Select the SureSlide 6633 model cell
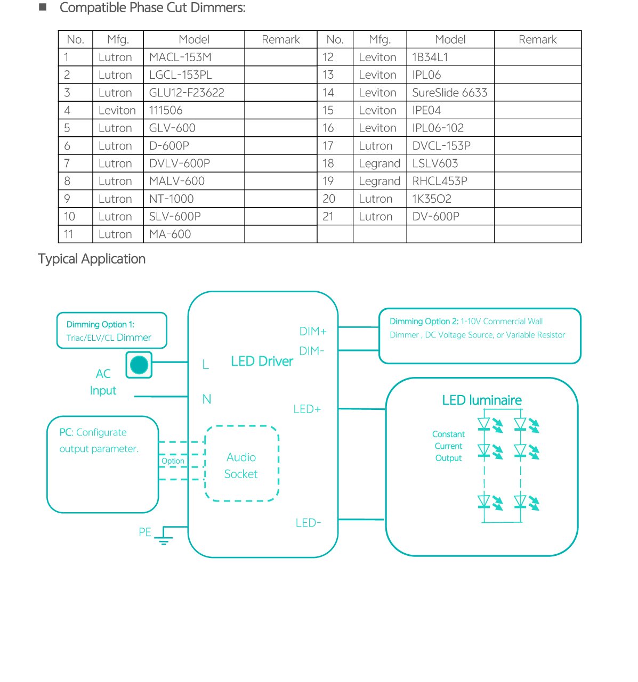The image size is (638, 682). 449,93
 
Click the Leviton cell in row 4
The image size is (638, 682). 117,110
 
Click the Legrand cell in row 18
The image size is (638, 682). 379,163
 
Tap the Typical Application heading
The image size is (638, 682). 92,259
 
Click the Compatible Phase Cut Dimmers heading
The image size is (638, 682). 152,8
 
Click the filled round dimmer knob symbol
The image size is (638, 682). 139,365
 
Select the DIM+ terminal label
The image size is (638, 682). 313,331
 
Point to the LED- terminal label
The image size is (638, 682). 308,523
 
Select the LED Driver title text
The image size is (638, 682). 262,361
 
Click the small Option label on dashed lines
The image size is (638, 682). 173,461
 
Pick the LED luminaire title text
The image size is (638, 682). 482,400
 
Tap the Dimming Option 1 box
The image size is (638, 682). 112,331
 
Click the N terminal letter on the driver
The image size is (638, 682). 207,399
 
